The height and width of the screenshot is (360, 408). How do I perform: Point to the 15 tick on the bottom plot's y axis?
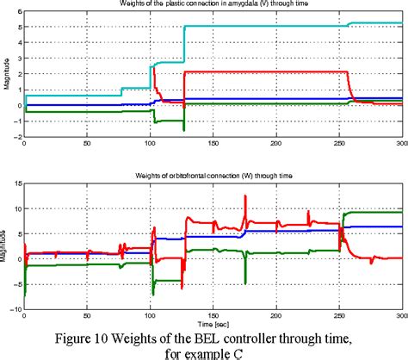(x=15, y=183)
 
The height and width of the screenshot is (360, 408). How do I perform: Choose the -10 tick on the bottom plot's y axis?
(x=14, y=307)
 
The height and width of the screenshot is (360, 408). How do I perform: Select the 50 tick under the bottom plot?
(x=86, y=313)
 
